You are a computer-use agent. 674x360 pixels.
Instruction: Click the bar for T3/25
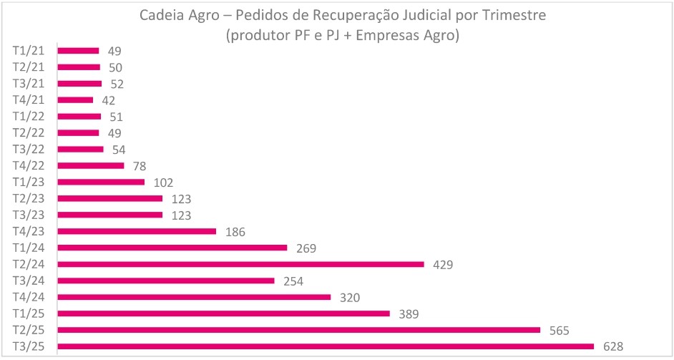pyautogui.click(x=326, y=346)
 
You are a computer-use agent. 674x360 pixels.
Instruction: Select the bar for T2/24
pyautogui.click(x=240, y=264)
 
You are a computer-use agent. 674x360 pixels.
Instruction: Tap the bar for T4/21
pyautogui.click(x=75, y=100)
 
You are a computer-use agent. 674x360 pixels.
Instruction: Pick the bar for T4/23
pyautogui.click(x=137, y=231)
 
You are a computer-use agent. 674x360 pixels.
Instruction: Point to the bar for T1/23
pyautogui.click(x=101, y=182)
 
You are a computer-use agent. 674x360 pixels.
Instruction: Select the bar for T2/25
pyautogui.click(x=298, y=330)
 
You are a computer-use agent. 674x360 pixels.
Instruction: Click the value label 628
pyautogui.click(x=612, y=346)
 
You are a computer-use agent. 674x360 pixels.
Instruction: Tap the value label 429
pyautogui.click(x=443, y=264)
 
